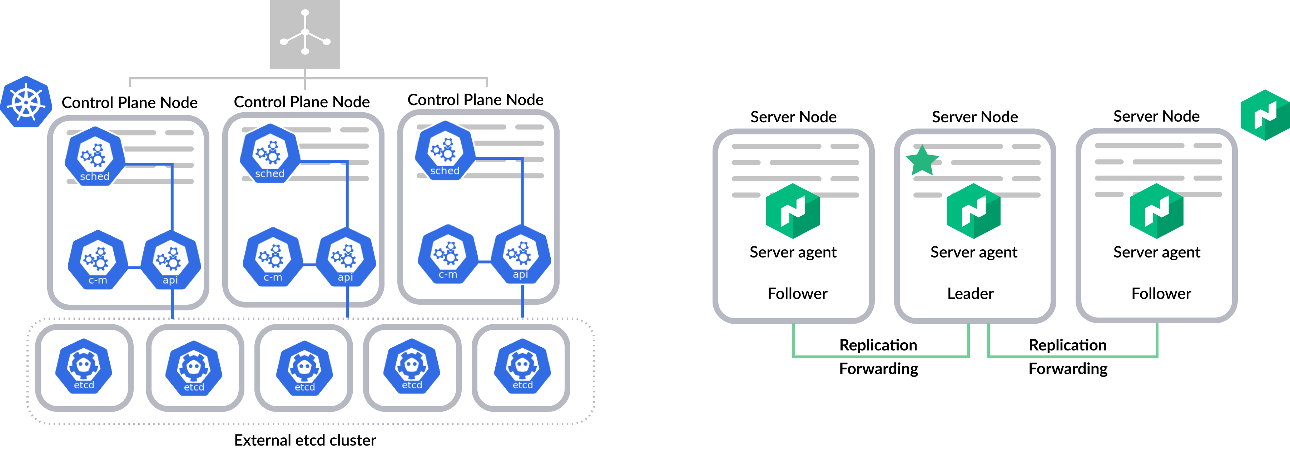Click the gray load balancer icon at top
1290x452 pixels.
pos(305,34)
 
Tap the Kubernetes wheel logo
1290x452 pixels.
pos(26,102)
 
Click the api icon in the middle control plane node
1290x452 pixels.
pos(346,257)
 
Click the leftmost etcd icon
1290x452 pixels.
pos(84,366)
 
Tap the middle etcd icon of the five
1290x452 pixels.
pos(304,368)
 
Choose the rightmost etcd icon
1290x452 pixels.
pos(522,366)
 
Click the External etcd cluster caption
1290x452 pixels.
pos(305,440)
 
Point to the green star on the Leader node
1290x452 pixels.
pos(922,160)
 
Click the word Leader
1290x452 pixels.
pos(970,293)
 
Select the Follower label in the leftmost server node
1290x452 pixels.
pos(797,293)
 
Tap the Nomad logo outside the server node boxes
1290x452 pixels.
pos(1265,115)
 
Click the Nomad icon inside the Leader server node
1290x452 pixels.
pos(973,211)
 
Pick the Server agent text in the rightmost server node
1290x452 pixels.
pos(1157,252)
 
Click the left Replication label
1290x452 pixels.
pos(878,345)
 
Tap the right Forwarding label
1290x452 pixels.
pos(1068,369)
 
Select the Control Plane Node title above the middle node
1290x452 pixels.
pos(302,102)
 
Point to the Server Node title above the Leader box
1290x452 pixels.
pos(974,117)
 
